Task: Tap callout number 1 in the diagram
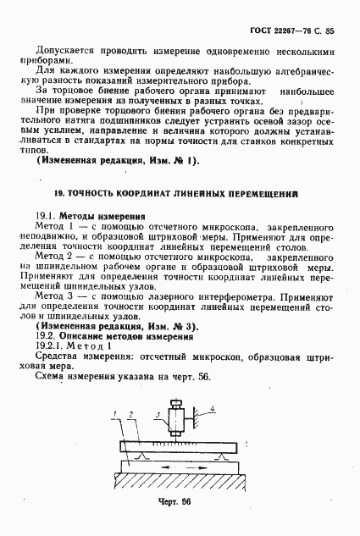pyautogui.click(x=114, y=414)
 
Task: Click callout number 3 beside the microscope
pyautogui.click(x=158, y=415)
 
